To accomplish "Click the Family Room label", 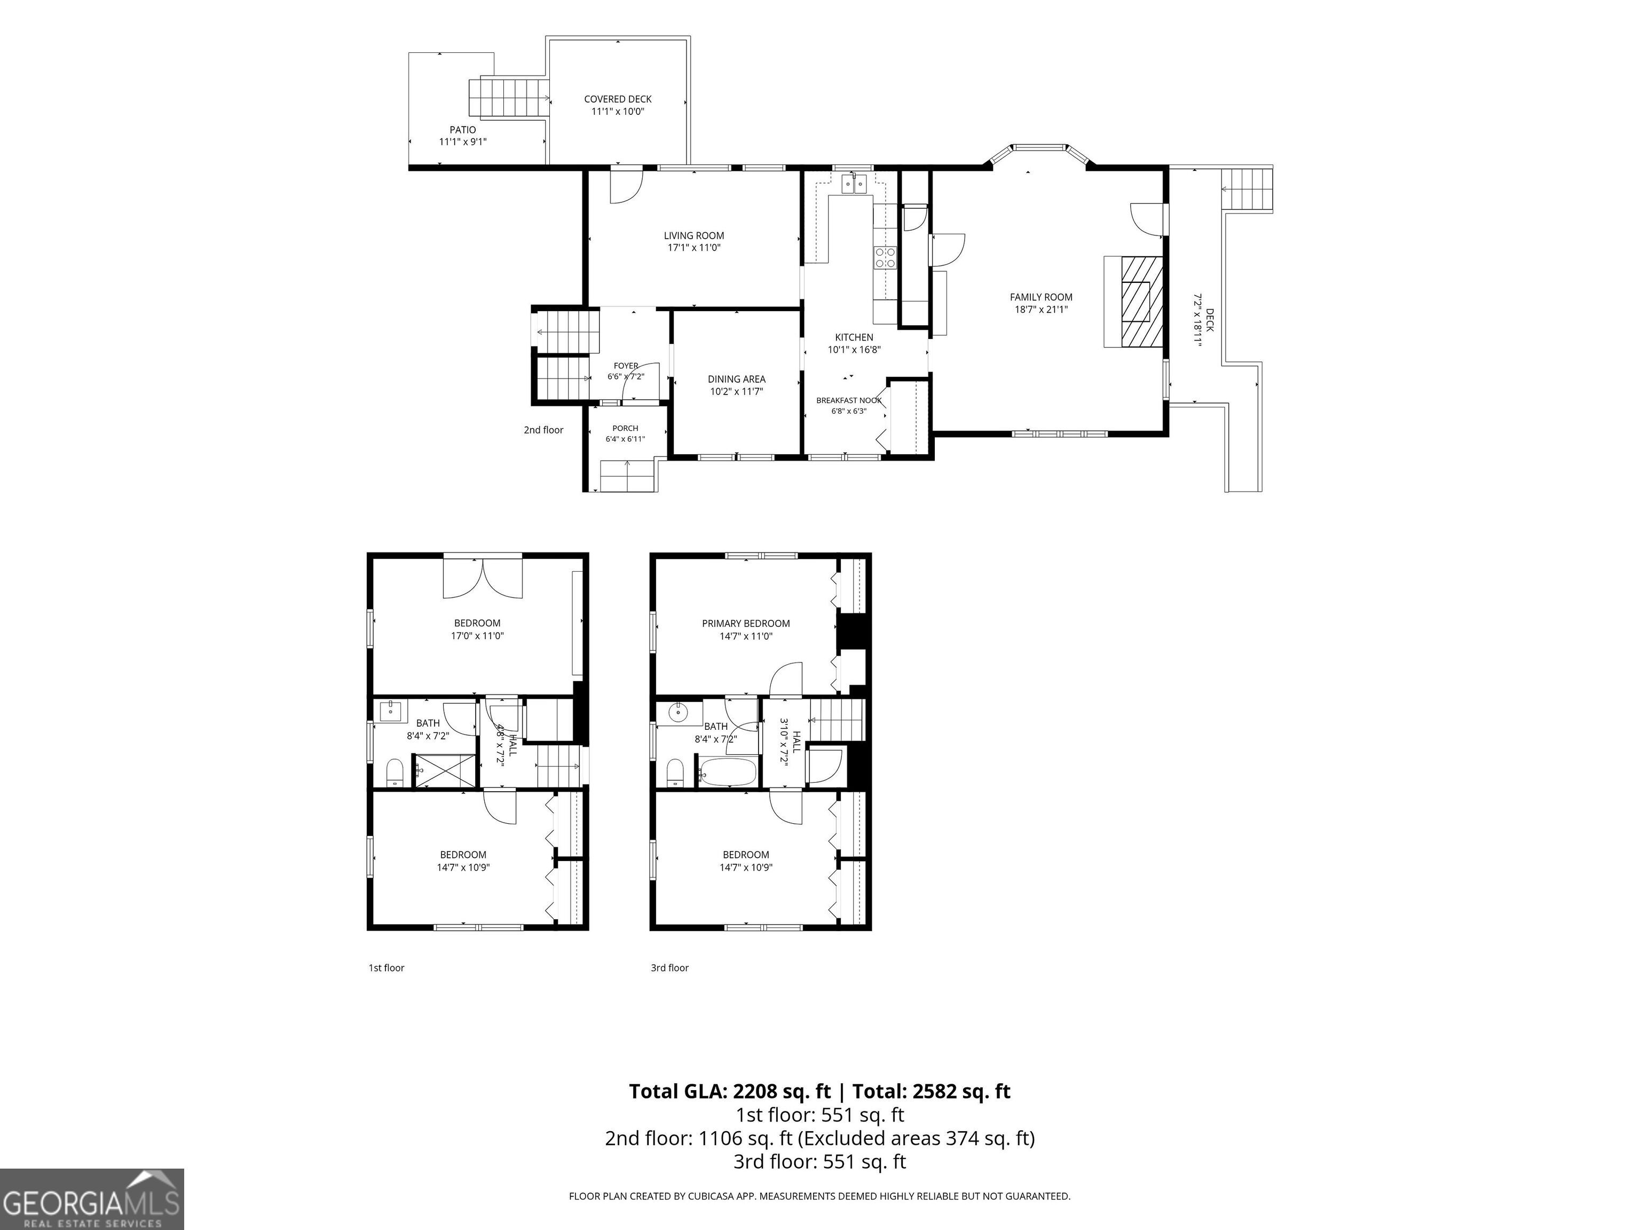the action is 1041,297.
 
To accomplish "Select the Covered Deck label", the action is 618,99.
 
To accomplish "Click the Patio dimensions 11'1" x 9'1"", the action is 463,141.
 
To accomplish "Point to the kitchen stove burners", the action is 885,257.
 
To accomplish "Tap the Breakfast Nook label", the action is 849,400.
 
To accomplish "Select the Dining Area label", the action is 736,379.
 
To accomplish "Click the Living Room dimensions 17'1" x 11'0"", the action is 694,248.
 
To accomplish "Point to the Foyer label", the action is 626,366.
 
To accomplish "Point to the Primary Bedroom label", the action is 746,624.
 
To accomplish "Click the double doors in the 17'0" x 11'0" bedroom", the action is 483,577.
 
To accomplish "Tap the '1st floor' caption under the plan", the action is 387,967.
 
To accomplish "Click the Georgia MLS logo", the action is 92,1199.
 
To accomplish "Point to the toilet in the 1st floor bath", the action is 395,772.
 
